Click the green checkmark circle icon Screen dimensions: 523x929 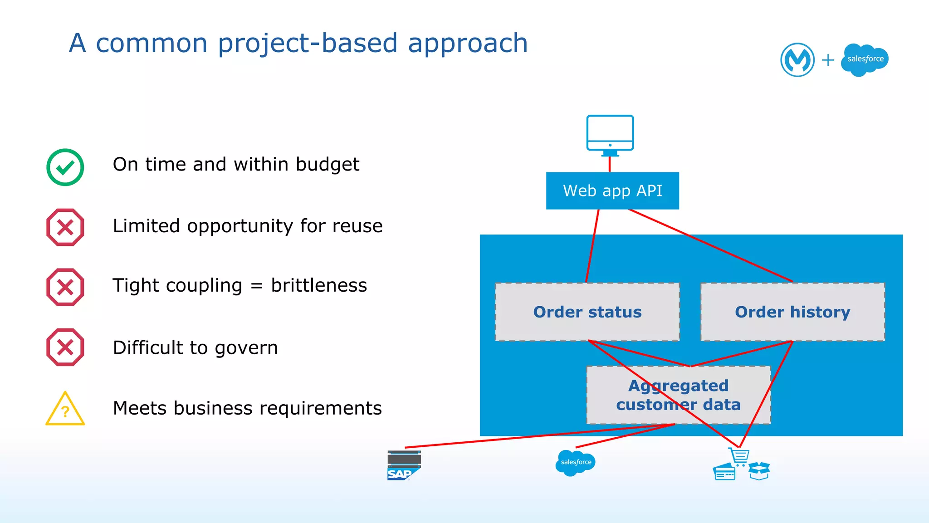[65, 167]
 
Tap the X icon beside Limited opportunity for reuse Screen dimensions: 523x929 [65, 227]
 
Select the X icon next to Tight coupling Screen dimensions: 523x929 [65, 287]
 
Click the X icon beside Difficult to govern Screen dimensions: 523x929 [65, 347]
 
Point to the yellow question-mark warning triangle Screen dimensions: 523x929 [65, 409]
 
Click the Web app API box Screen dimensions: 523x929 [612, 191]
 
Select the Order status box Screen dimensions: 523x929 [587, 312]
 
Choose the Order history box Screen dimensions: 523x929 [792, 312]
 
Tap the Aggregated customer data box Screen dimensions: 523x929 [678, 395]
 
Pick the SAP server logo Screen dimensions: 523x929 [404, 465]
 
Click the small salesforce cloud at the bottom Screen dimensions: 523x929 [576, 462]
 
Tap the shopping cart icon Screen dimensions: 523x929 [739, 456]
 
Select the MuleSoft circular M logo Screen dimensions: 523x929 [797, 59]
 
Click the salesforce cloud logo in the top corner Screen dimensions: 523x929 [865, 59]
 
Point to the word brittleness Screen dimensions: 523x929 [319, 285]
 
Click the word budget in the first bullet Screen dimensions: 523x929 [328, 164]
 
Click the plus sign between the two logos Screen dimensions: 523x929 [828, 60]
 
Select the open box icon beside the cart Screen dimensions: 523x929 [759, 471]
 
